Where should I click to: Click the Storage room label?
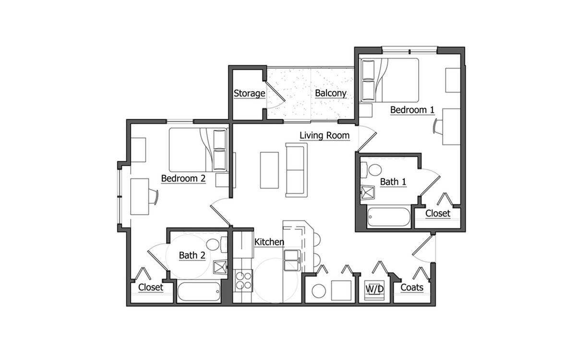(x=249, y=93)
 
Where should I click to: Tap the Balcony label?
(x=331, y=93)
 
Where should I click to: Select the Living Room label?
(x=324, y=135)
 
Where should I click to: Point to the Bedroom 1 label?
(x=412, y=110)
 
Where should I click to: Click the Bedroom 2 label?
(x=183, y=178)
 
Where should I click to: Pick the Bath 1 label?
(x=393, y=182)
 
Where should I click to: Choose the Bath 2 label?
(x=192, y=255)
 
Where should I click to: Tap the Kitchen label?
(x=269, y=242)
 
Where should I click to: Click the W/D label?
(x=374, y=289)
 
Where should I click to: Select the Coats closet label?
(x=412, y=288)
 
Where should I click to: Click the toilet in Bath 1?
(x=372, y=170)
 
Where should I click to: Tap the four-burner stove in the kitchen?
(x=243, y=280)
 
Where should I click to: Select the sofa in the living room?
(x=295, y=169)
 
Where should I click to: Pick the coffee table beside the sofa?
(x=269, y=170)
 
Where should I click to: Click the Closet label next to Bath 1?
(x=438, y=213)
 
